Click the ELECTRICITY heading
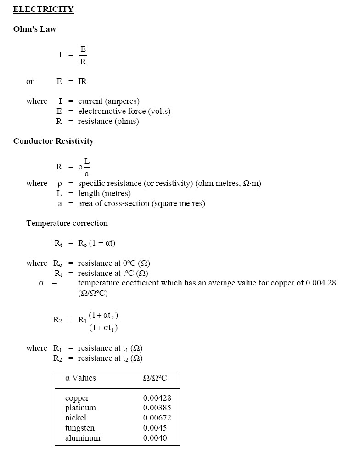(x=43, y=9)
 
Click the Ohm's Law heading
(x=34, y=29)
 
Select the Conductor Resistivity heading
(x=53, y=141)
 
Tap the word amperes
(x=123, y=101)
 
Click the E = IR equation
(x=72, y=81)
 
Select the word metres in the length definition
(x=116, y=193)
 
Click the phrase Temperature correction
(x=67, y=223)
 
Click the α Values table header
(x=80, y=378)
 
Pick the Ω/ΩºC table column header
(x=155, y=378)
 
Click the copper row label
(x=77, y=398)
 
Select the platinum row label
(x=80, y=408)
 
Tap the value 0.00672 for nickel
(x=157, y=418)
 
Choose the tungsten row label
(x=80, y=428)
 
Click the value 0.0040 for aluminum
(x=155, y=438)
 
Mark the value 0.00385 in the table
(x=157, y=408)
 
